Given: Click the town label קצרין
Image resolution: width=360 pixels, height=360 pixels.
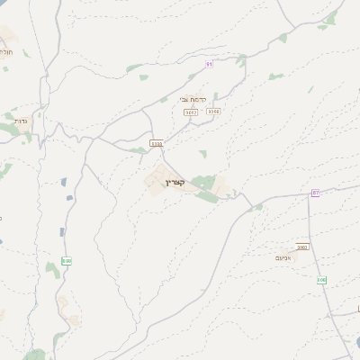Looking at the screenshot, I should [175, 183].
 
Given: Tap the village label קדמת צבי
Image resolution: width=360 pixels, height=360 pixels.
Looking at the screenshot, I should [193, 99].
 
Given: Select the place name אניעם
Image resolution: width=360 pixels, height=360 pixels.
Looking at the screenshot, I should [301, 256].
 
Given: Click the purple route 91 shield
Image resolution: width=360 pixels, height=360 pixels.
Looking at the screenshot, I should [209, 64].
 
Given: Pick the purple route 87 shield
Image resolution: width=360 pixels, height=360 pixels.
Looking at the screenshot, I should [316, 193].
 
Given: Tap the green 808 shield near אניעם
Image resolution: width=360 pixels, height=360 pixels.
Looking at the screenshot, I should [321, 280].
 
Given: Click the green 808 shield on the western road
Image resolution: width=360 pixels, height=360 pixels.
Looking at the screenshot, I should [66, 261].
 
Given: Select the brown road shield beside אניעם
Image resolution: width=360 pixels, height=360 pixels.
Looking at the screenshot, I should [301, 247].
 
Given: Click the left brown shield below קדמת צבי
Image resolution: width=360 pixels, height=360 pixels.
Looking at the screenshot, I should [191, 112].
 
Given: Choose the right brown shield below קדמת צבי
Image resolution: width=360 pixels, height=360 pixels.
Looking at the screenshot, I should [213, 112].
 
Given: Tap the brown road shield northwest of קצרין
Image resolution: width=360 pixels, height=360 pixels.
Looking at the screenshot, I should [157, 142].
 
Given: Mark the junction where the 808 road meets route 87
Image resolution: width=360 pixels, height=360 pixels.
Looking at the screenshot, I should [309, 192].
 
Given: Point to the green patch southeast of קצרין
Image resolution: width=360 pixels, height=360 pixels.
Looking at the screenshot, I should [208, 195].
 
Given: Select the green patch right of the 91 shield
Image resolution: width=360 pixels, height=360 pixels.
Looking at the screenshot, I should [241, 60].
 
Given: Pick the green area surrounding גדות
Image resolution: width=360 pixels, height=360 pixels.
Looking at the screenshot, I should [11, 129].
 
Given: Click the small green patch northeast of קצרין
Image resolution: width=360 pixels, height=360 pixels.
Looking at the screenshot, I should [203, 154].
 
